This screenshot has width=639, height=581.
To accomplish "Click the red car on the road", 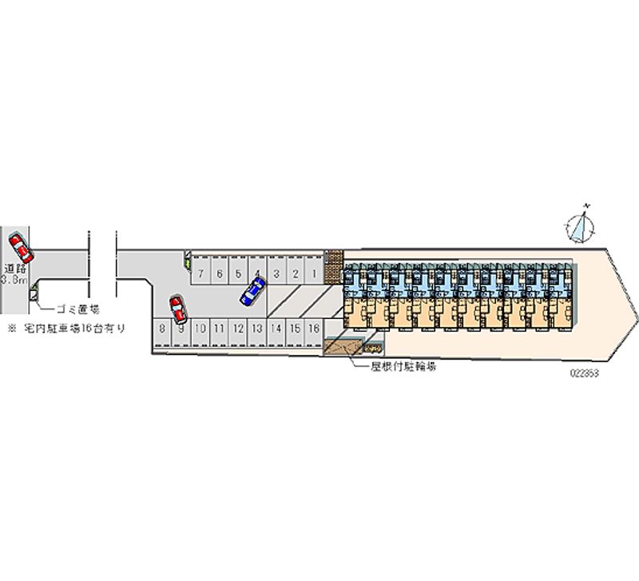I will (x=20, y=249).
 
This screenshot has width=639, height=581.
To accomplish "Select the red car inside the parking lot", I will (x=177, y=309).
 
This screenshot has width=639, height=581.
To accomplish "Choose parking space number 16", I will (x=314, y=328).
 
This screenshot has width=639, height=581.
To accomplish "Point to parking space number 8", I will (x=162, y=328).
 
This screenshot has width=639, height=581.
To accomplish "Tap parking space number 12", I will (x=237, y=328).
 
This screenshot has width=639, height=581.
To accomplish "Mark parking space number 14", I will (x=276, y=328).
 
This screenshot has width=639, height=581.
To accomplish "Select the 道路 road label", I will (x=15, y=269).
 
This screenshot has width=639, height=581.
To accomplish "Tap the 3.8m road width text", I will (x=15, y=281).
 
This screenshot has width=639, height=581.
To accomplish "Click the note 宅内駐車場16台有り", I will (x=73, y=328).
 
